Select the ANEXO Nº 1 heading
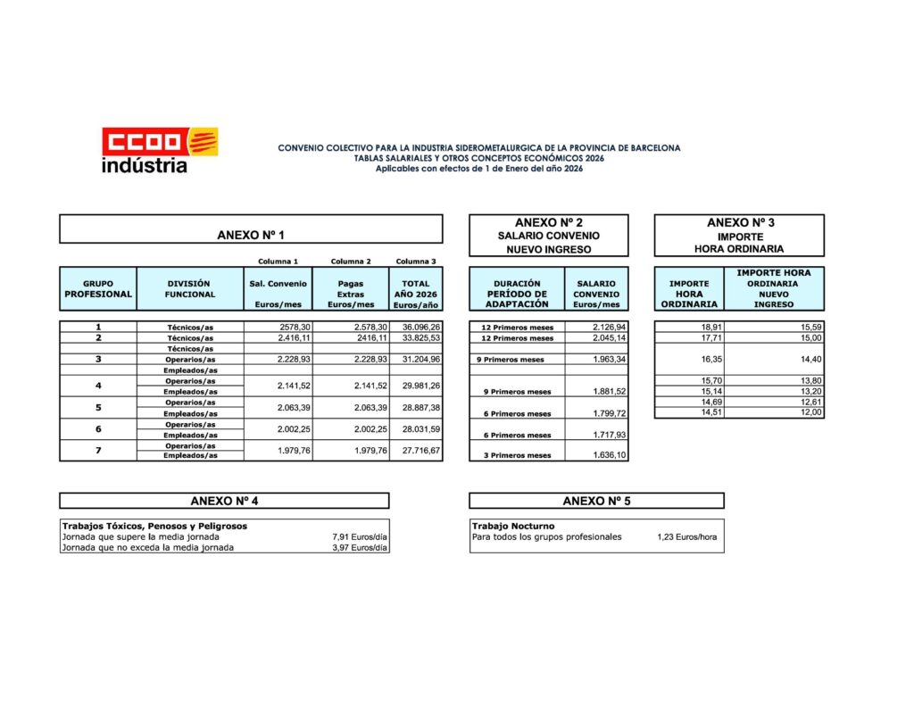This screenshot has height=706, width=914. tap(251, 236)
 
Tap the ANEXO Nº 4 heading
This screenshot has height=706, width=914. tap(224, 501)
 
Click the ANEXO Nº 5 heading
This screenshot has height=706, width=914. tap(595, 501)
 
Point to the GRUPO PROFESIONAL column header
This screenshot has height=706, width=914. tap(98, 289)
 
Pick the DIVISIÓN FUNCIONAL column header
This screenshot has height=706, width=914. tap(190, 289)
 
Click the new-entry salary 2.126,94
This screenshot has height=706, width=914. tap(610, 328)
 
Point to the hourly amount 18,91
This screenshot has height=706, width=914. tap(711, 328)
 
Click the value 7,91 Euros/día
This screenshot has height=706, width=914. tap(360, 537)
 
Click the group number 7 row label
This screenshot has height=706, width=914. tap(98, 451)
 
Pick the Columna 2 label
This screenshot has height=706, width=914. tap(351, 262)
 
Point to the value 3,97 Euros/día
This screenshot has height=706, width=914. tap(360, 548)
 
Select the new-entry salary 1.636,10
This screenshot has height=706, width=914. tap(610, 456)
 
